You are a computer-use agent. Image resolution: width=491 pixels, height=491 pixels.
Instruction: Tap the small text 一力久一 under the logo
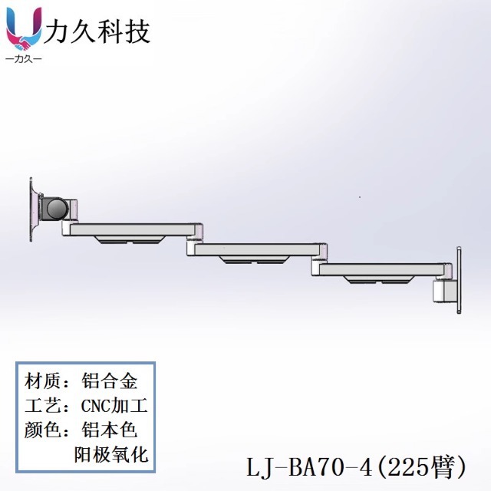click(x=24, y=60)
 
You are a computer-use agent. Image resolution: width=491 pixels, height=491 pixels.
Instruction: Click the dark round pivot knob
click(x=56, y=207)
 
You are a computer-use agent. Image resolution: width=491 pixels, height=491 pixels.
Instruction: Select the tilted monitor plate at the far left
click(x=34, y=208)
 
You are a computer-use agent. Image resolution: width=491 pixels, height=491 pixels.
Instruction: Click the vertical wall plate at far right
click(x=458, y=281)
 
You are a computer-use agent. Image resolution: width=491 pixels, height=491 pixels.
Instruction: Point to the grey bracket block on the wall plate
click(x=443, y=292)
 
